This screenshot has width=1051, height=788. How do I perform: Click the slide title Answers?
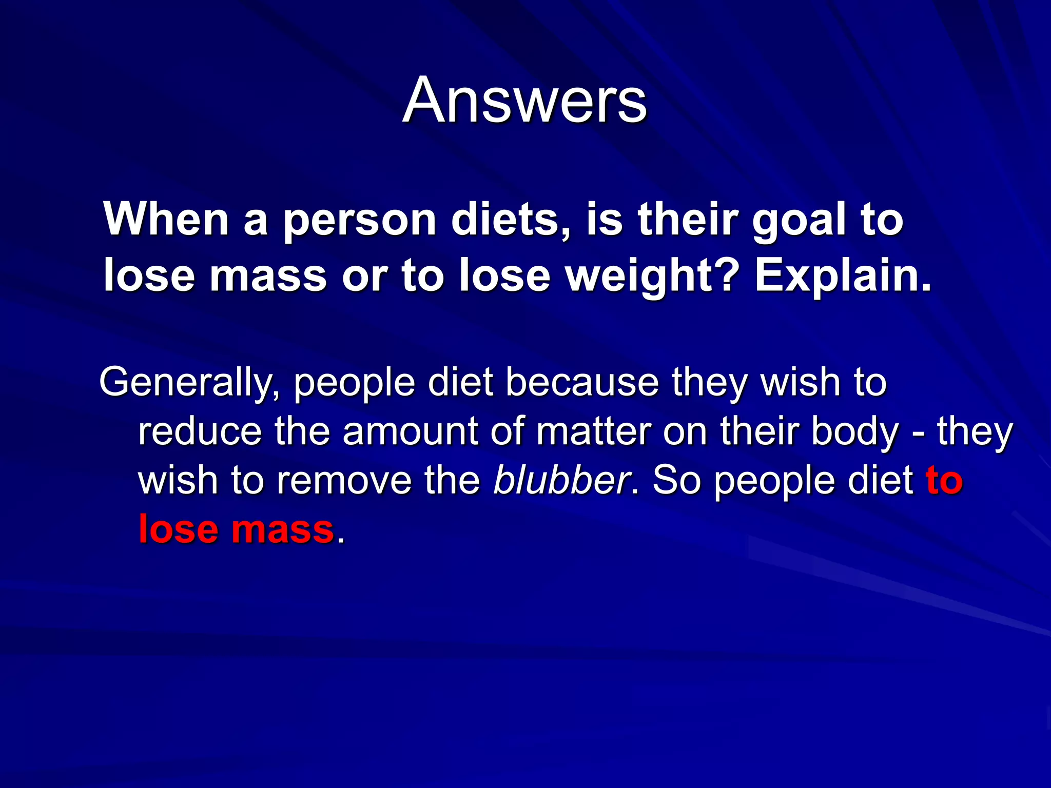click(x=524, y=100)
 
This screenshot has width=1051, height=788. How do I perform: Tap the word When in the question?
click(x=166, y=220)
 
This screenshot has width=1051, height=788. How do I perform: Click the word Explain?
click(x=842, y=277)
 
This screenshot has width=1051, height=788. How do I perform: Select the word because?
click(x=582, y=383)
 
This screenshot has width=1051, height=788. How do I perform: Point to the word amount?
click(x=410, y=431)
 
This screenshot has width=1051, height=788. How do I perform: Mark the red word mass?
click(x=283, y=529)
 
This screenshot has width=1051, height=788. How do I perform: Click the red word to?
click(x=944, y=480)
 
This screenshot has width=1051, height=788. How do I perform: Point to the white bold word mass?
click(x=268, y=277)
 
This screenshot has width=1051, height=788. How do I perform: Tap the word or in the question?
click(x=364, y=277)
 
